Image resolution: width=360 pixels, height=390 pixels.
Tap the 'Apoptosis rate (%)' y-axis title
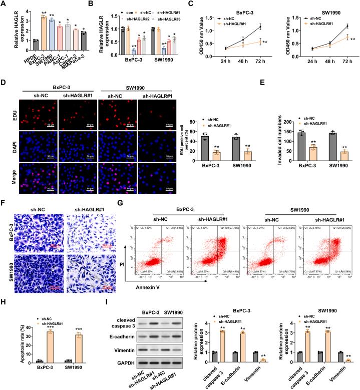click(x=7, y=340)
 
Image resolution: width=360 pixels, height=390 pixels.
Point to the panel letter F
click(x=4, y=217)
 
